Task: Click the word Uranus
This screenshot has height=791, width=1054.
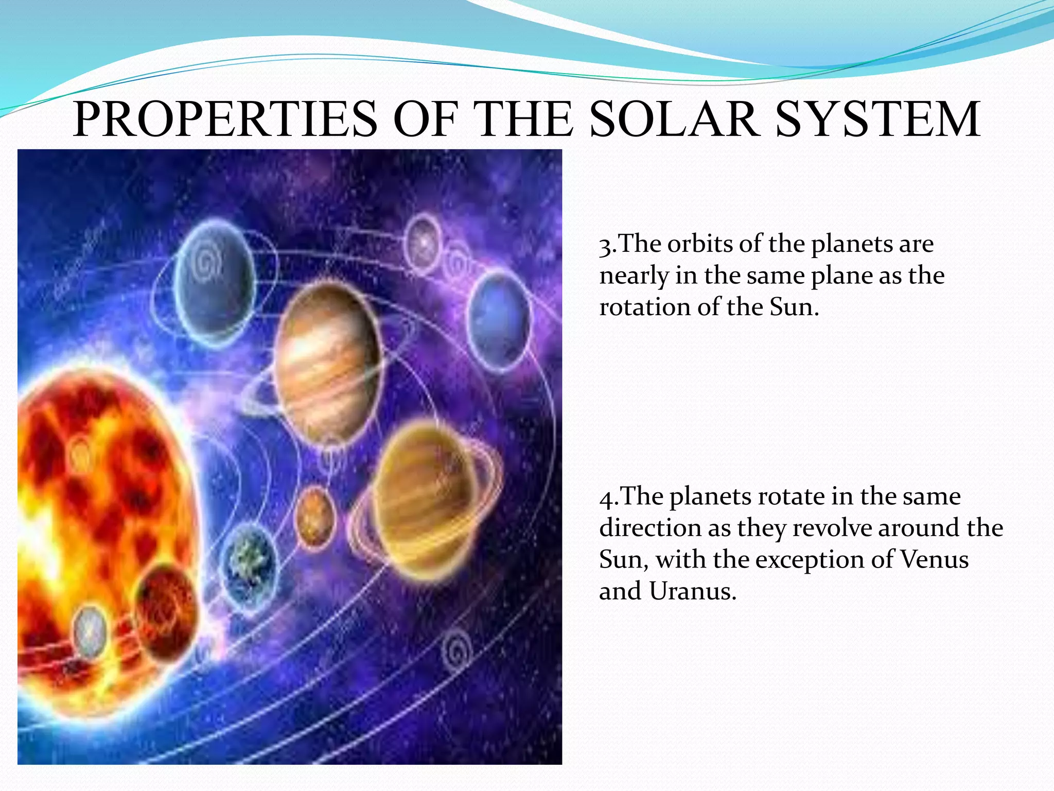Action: [x=692, y=591]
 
